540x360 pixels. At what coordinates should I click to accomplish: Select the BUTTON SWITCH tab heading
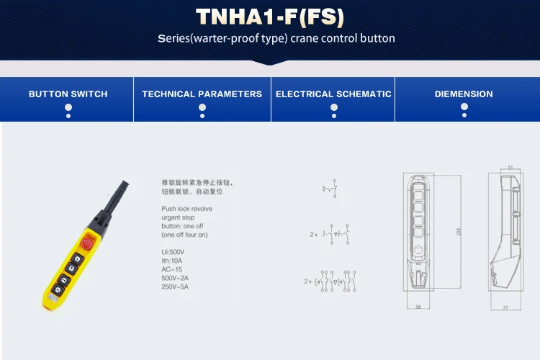tap(68, 94)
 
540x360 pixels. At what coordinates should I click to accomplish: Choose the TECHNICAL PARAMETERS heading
tap(202, 94)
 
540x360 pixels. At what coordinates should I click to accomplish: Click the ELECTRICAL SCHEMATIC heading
tap(333, 94)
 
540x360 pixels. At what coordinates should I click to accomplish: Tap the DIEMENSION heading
tap(464, 94)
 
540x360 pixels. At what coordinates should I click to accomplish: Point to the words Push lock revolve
tap(186, 209)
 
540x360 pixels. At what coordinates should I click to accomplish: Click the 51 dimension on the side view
tap(510, 167)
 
